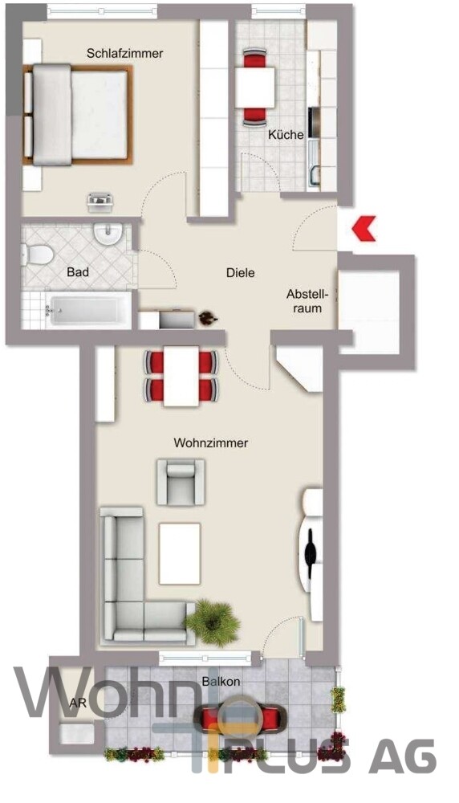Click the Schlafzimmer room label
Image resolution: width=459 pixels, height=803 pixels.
125,53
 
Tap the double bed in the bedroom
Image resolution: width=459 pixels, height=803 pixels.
79,116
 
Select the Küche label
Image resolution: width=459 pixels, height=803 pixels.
286,135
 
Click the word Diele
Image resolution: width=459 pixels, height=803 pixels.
240,273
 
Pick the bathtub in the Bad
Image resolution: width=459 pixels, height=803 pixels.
88,309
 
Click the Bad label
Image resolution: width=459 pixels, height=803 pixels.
78,273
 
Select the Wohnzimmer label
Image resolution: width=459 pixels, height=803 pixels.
211,442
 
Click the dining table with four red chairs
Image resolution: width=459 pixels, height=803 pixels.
181,376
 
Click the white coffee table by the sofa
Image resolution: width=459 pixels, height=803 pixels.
180,553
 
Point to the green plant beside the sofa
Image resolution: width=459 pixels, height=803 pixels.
213,621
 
